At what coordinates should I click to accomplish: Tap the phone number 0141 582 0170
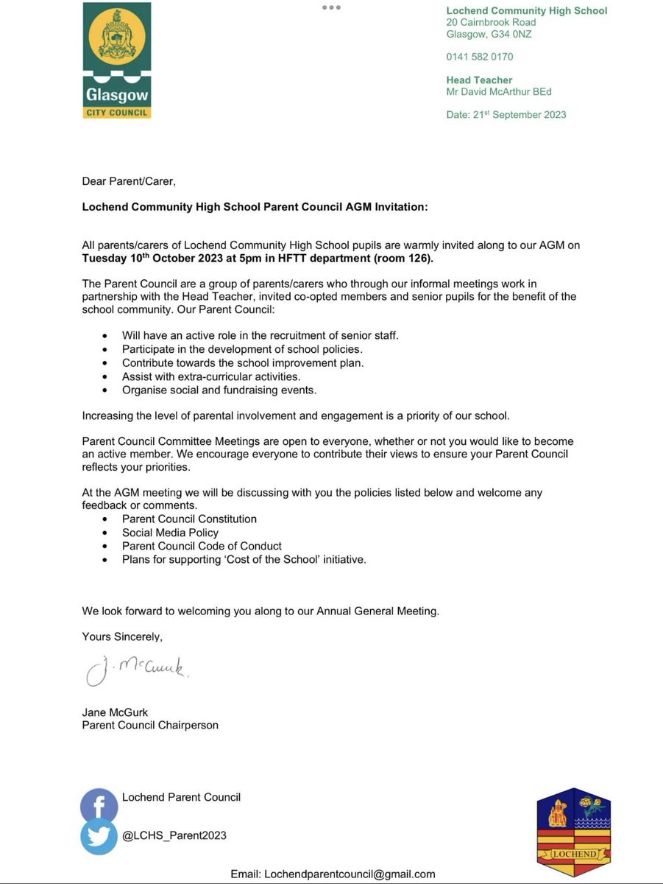tap(480, 57)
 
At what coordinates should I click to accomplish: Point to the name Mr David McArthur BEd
tap(499, 92)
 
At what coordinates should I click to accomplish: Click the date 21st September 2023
tap(506, 115)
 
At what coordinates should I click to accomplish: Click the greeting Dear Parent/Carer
tap(129, 182)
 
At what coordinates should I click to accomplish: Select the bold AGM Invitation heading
tap(255, 207)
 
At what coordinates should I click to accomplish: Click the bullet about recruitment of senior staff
tap(260, 335)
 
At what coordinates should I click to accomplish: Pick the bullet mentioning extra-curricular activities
tap(211, 376)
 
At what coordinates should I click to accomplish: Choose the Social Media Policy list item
tap(170, 533)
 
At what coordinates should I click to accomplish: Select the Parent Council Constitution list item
tap(189, 519)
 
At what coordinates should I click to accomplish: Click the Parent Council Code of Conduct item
tap(202, 546)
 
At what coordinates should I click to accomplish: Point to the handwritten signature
tap(137, 670)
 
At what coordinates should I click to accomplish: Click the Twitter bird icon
tap(99, 837)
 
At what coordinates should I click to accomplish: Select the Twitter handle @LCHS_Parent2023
tap(174, 835)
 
